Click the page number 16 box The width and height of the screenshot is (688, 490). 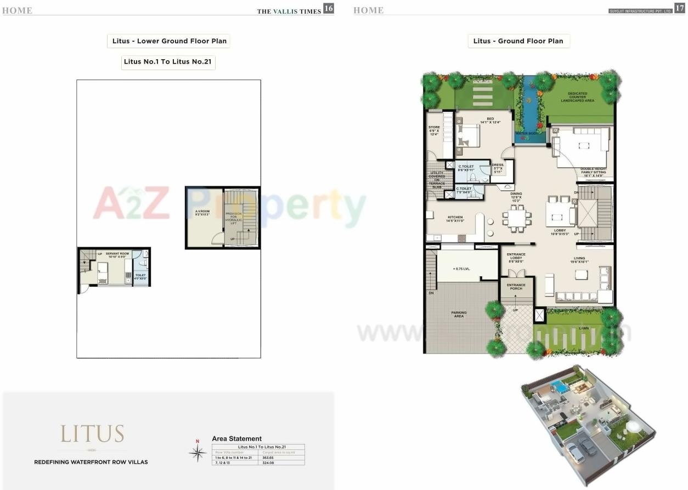(x=328, y=8)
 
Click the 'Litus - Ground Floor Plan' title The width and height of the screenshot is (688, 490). (x=518, y=41)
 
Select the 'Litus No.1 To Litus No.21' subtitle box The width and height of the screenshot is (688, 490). (x=168, y=62)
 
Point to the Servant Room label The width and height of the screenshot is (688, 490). (x=117, y=254)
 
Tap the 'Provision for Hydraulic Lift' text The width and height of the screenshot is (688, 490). (x=233, y=217)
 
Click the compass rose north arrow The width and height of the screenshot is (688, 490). (x=197, y=452)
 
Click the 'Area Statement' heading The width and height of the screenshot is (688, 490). (x=236, y=438)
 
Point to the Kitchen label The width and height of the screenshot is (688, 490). (x=455, y=218)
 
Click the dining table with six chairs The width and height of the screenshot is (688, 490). (x=517, y=218)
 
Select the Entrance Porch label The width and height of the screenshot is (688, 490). (x=516, y=287)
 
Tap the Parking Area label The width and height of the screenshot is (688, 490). (x=459, y=315)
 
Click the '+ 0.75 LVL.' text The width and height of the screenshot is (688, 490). (x=461, y=269)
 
